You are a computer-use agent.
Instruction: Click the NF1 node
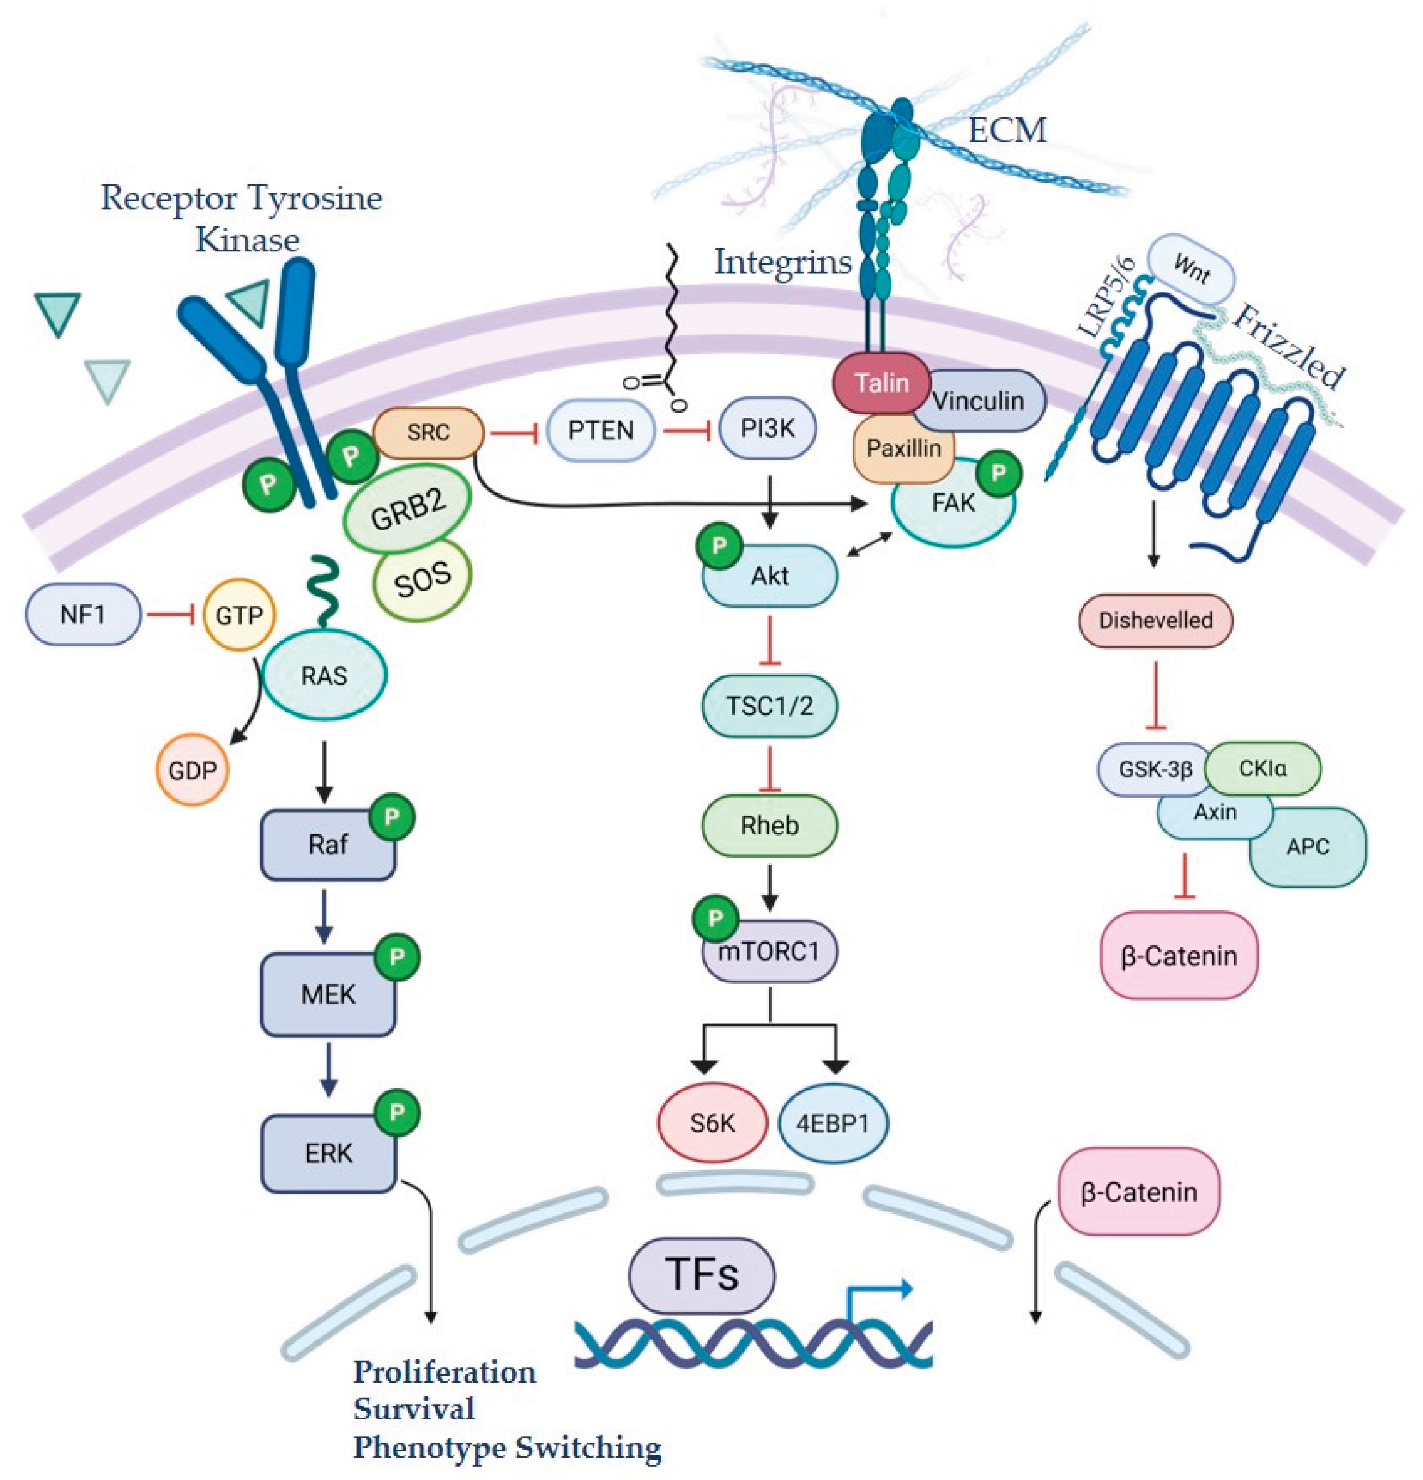[83, 615]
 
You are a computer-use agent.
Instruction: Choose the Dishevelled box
[1155, 621]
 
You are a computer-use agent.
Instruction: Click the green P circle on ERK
[396, 1112]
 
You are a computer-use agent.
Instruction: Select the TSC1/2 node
[769, 706]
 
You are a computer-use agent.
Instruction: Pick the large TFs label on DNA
[701, 1276]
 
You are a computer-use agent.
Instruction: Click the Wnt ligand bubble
[1191, 269]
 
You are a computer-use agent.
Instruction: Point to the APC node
[1308, 847]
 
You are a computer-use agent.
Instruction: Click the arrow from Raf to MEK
[325, 916]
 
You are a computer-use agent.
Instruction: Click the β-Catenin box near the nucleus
[1138, 1192]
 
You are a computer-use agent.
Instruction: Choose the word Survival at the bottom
[414, 1409]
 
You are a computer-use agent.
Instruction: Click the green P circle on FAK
[999, 474]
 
